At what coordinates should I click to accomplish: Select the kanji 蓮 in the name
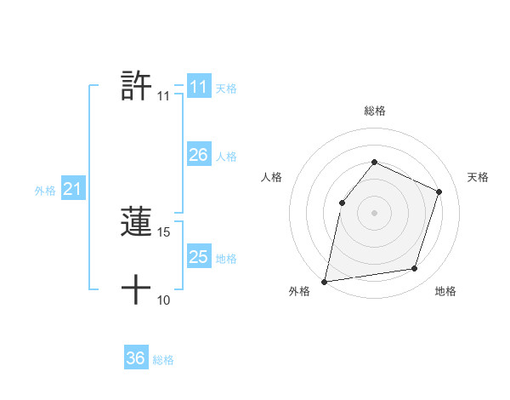[x=137, y=222]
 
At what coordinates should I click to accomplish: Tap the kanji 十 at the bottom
[x=137, y=290]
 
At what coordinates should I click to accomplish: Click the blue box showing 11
[x=199, y=87]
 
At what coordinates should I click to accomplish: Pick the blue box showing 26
[x=199, y=155]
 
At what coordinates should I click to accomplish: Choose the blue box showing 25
[x=199, y=256]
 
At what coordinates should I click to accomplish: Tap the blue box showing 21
[x=72, y=189]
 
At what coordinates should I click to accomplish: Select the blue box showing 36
[x=136, y=358]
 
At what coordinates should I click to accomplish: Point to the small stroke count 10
[x=164, y=300]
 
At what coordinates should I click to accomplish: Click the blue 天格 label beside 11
[x=226, y=88]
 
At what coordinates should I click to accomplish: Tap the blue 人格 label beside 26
[x=226, y=157]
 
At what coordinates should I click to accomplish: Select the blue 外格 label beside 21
[x=45, y=191]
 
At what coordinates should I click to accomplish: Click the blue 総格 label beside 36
[x=163, y=360]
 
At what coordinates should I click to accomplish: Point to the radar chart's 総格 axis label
[x=374, y=111]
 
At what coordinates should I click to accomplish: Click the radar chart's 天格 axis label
[x=478, y=177]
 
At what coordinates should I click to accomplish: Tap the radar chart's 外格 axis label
[x=299, y=291]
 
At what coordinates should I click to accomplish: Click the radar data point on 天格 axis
[x=439, y=191]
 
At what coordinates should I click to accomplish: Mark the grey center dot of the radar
[x=374, y=212]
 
